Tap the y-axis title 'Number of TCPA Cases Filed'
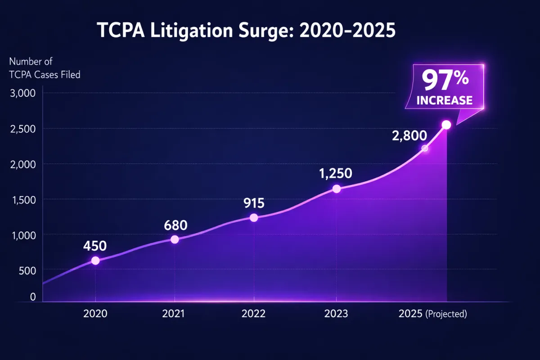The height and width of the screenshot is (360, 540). (x=45, y=68)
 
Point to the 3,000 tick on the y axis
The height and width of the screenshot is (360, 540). (x=22, y=93)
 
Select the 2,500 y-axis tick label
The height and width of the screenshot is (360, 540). (x=22, y=129)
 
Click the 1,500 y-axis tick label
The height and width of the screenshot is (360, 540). (x=22, y=199)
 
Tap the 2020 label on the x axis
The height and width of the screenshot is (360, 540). (x=95, y=314)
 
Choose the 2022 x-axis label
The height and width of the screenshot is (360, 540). (x=254, y=314)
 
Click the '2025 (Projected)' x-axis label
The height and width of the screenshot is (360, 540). (x=433, y=314)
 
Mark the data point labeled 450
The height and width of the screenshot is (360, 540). (x=95, y=261)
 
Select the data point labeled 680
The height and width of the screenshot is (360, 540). (x=175, y=239)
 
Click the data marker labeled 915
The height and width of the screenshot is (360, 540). (x=254, y=218)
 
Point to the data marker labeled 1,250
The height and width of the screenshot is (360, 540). (x=336, y=189)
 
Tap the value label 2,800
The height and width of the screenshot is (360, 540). (x=409, y=136)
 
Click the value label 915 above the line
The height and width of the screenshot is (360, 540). (x=254, y=203)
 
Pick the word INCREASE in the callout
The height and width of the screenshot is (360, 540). (x=445, y=100)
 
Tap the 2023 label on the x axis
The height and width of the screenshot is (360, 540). (x=336, y=314)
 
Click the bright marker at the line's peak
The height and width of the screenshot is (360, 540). (x=446, y=125)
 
